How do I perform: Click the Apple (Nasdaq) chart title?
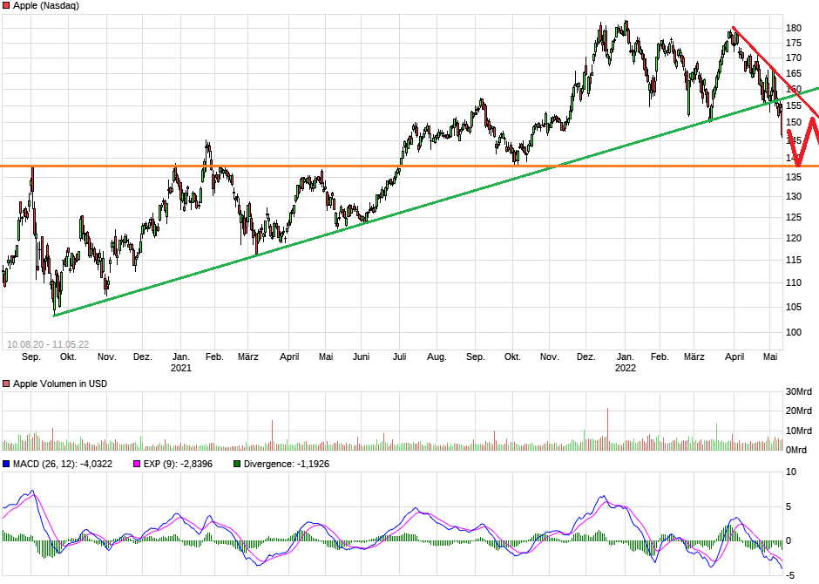(x=46, y=5)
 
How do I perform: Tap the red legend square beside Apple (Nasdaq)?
(x=6, y=5)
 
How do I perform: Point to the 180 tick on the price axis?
(x=793, y=28)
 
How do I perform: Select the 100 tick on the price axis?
(x=793, y=332)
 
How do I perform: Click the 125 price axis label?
(x=793, y=196)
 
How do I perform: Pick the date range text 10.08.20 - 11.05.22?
(x=48, y=344)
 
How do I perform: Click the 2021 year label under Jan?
(x=180, y=368)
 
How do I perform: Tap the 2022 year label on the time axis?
(x=625, y=368)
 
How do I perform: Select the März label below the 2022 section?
(x=694, y=357)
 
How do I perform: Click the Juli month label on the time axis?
(x=400, y=357)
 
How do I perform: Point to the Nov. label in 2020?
(x=106, y=357)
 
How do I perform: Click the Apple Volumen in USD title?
(x=60, y=384)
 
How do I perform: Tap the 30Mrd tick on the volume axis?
(x=799, y=390)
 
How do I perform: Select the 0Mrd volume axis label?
(x=796, y=450)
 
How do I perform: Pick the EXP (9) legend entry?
(x=166, y=464)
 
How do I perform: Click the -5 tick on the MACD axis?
(x=792, y=574)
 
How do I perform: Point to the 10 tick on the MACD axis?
(x=792, y=472)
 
